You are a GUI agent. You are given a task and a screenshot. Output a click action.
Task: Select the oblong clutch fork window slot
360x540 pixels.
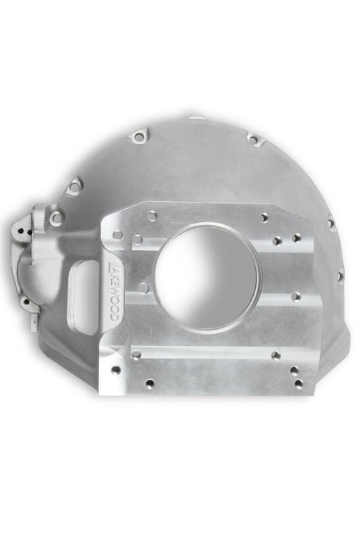(x=83, y=296)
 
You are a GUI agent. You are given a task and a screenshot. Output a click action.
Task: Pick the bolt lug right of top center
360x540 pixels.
(x=254, y=139)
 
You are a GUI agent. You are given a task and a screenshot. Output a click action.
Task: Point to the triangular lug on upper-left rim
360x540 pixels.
(x=74, y=186)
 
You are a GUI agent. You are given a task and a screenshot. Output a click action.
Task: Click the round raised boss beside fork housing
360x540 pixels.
(x=56, y=219)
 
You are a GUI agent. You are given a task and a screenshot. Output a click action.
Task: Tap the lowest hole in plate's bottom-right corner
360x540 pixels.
(x=299, y=384)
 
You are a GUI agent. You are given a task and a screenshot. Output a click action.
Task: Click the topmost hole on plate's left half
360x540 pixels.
(x=152, y=216)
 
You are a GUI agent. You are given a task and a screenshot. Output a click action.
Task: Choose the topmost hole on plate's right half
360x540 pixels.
(x=264, y=218)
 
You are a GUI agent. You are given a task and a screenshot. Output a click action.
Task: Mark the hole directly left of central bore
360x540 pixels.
(x=143, y=288)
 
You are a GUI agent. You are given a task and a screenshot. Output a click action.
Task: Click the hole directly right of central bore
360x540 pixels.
(x=296, y=296)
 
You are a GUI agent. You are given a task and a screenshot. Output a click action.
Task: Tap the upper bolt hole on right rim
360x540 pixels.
(x=330, y=224)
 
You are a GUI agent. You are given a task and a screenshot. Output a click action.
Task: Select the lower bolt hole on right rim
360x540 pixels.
(x=340, y=276)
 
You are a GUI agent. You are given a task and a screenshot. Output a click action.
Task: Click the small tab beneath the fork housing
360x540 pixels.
(x=34, y=322)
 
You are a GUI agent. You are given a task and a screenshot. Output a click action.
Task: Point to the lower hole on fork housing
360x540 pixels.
(x=27, y=302)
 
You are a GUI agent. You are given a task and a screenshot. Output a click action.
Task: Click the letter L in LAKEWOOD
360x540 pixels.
(x=110, y=268)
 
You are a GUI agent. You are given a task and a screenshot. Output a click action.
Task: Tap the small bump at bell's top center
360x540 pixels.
(x=196, y=117)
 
